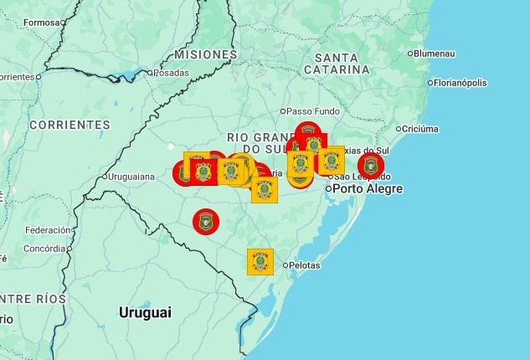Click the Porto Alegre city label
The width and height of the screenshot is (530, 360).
click(368, 189)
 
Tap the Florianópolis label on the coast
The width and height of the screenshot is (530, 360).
click(460, 83)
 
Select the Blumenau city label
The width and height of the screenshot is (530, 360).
click(434, 54)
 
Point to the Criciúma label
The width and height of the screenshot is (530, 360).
click(419, 129)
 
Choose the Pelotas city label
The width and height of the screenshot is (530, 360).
click(303, 265)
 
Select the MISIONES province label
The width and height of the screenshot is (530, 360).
click(206, 54)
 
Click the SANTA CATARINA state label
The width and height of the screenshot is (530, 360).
click(337, 63)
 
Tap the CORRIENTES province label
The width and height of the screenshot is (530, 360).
click(69, 125)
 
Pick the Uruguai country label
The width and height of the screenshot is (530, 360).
click(145, 312)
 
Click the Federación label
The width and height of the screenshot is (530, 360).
click(48, 230)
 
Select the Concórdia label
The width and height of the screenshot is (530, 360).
click(44, 249)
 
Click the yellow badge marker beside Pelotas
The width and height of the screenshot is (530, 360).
click(260, 261)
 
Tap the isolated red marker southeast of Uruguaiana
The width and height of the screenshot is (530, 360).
click(205, 222)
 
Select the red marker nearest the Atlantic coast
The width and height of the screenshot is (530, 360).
click(371, 165)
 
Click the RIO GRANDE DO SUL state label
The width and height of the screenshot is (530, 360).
click(256, 142)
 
